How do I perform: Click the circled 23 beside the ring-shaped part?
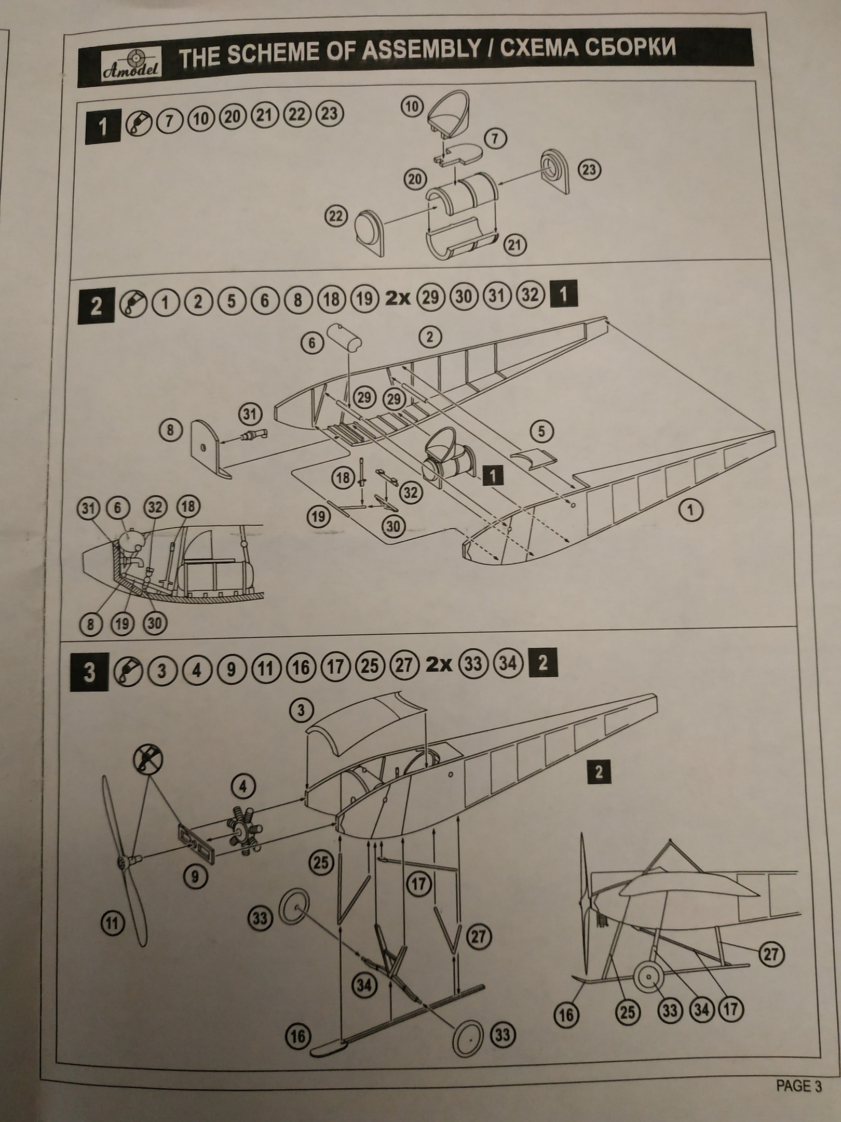pos(589,170)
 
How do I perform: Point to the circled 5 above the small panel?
pos(542,432)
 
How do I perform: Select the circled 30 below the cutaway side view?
pos(154,623)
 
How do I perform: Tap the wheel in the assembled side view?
pos(649,978)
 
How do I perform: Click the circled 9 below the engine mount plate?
pos(195,876)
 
